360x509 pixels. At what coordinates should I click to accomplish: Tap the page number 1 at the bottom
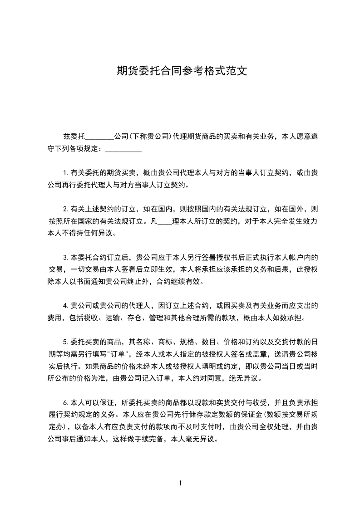click(180, 483)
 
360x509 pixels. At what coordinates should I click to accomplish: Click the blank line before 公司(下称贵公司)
click(99, 137)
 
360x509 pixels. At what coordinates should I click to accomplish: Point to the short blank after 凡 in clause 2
click(164, 222)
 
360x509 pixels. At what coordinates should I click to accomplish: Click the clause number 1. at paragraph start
click(66, 173)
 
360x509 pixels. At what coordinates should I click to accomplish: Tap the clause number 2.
click(66, 210)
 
